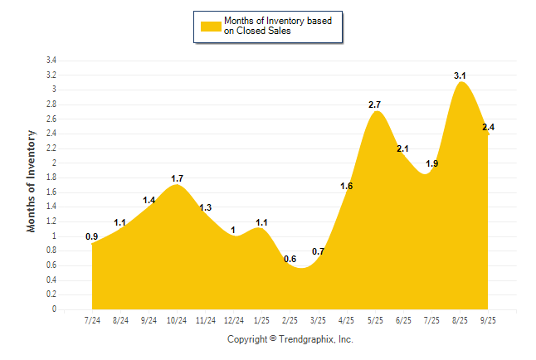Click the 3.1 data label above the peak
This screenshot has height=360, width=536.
click(x=460, y=75)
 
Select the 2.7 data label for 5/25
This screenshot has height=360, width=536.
click(x=374, y=105)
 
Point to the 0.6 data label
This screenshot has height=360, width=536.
click(x=290, y=260)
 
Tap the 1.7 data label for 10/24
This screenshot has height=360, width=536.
click(x=177, y=178)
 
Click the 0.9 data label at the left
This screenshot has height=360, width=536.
click(x=91, y=236)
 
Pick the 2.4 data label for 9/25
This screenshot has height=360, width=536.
click(x=488, y=127)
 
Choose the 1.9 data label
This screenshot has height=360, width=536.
click(x=431, y=163)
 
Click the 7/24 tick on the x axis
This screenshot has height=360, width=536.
click(x=92, y=320)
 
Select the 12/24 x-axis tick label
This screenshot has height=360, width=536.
click(x=234, y=320)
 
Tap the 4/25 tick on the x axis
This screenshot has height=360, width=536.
click(x=347, y=320)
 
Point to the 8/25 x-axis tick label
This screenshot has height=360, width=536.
click(x=460, y=320)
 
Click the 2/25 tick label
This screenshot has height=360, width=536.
click(x=290, y=320)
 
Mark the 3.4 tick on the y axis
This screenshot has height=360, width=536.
click(x=51, y=61)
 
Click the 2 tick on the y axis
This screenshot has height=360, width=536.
click(x=54, y=163)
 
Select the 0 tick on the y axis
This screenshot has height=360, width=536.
click(x=54, y=309)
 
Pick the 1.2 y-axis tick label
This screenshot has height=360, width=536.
click(x=51, y=221)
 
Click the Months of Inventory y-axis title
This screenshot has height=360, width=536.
click(x=32, y=181)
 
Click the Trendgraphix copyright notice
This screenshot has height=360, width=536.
click(x=290, y=339)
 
